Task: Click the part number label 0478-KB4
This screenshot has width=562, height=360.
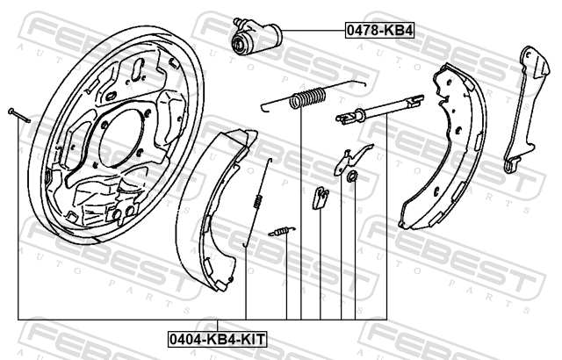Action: [379, 31]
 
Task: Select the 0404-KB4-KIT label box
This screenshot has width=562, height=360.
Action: [218, 339]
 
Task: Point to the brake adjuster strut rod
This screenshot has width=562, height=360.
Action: [380, 109]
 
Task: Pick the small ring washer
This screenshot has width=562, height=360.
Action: [352, 176]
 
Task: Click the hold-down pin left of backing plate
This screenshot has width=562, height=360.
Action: [19, 115]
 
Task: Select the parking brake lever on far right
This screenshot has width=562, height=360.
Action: [524, 107]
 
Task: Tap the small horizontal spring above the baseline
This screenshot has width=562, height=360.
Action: [282, 232]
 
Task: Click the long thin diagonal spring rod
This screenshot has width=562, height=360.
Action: [258, 202]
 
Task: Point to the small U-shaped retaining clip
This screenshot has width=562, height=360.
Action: [321, 198]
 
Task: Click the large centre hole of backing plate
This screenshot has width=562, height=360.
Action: [121, 138]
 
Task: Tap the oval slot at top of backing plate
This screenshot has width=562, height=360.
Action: [137, 68]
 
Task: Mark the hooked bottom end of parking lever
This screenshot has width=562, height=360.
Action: [511, 165]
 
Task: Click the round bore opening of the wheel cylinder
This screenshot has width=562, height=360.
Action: [237, 44]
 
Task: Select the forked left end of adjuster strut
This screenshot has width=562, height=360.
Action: [345, 119]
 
